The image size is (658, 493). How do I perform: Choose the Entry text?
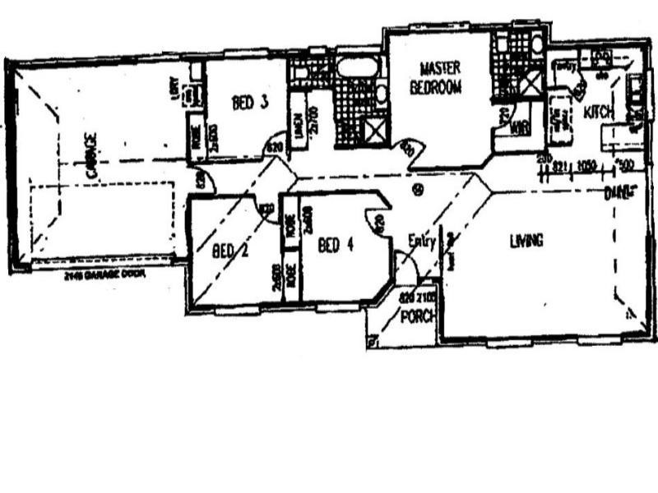pos(420,240)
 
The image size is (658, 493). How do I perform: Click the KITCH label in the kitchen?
pos(598,112)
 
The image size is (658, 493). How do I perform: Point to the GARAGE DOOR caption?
pos(103,276)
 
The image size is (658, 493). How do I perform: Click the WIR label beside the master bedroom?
pos(518,127)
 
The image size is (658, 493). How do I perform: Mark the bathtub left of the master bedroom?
pos(357,67)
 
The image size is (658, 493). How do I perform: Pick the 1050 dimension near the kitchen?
pos(586,165)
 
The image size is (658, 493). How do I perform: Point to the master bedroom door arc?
pos(410,150)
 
